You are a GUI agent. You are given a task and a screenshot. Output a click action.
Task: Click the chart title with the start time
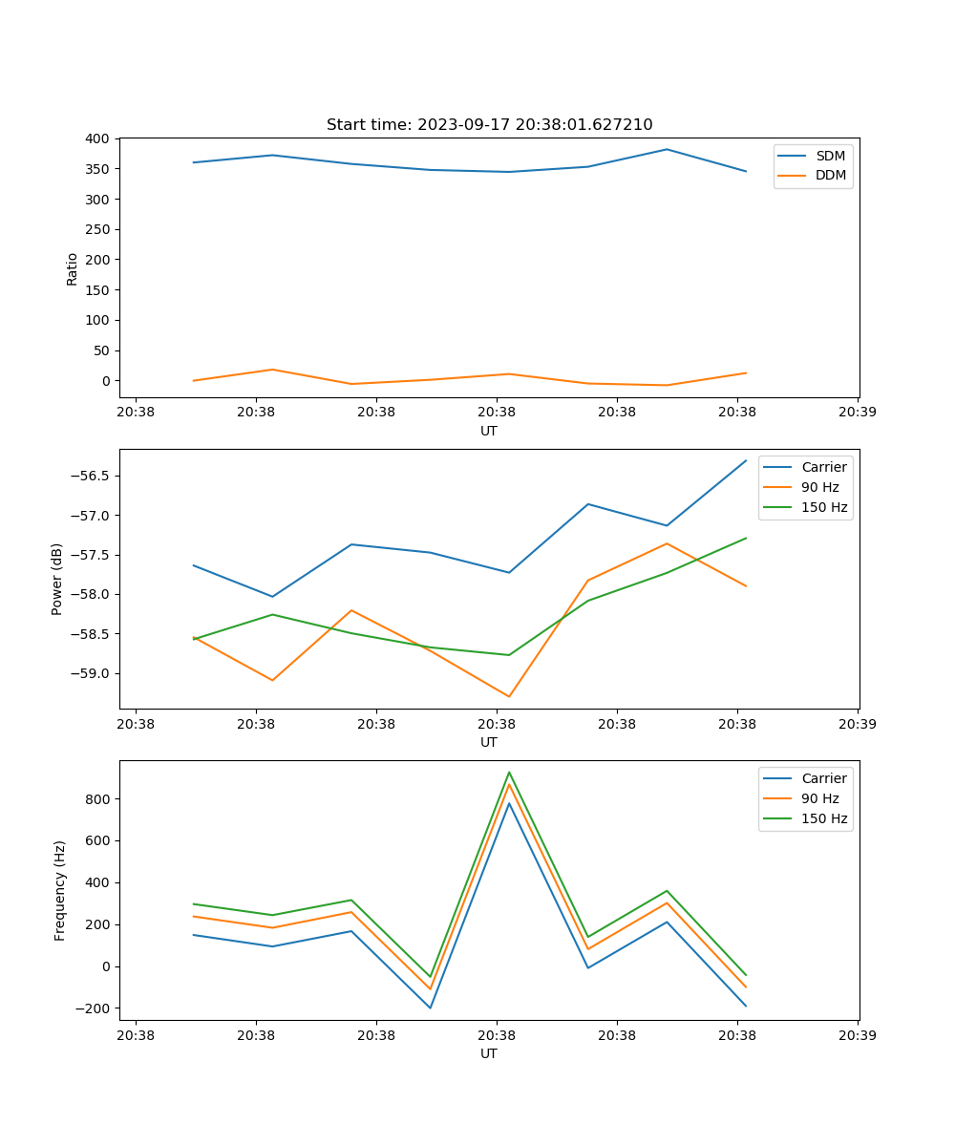pos(489,125)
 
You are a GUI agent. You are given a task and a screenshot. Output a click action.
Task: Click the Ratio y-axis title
pos(73,268)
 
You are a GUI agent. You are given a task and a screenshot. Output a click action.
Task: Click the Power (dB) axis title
pos(57,579)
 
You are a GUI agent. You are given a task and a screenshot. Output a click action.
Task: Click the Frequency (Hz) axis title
pos(60,890)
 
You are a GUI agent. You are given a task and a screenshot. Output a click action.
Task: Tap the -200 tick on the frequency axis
pos(94,1008)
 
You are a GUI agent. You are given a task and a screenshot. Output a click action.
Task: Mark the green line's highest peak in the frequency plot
pos(509,772)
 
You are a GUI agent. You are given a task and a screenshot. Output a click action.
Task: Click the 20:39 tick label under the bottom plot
pos(857,1034)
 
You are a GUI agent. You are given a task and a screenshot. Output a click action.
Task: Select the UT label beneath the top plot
pos(489,431)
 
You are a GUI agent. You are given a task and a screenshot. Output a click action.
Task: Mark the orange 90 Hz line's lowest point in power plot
pos(509,696)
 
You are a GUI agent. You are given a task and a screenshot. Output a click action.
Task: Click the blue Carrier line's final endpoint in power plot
pos(746,460)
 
